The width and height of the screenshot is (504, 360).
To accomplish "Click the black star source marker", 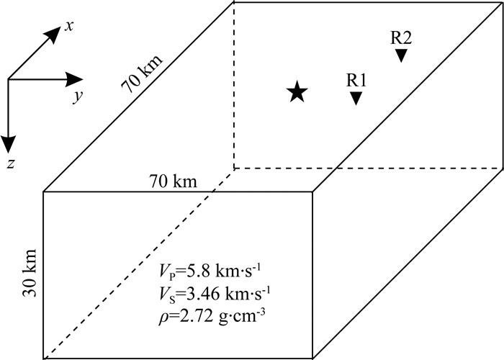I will [297, 92].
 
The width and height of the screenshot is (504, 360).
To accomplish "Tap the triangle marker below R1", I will [356, 99].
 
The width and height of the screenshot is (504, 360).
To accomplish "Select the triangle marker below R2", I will [401, 55].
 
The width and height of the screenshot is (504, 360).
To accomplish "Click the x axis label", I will [71, 26].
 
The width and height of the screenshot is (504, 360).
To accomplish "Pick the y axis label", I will [75, 96].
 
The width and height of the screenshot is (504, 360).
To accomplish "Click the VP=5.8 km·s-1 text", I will [204, 271].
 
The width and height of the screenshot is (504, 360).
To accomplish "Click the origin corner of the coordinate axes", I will [8, 79].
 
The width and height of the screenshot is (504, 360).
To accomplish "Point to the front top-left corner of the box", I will [44, 192].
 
